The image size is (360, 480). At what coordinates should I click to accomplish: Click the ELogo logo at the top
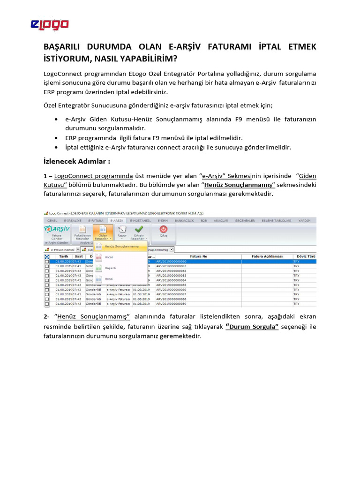tap(50, 24)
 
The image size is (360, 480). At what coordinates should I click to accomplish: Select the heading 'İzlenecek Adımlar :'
tap(77, 162)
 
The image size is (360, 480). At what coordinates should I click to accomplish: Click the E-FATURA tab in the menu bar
tap(96, 220)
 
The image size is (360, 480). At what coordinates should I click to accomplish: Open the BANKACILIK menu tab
tap(185, 220)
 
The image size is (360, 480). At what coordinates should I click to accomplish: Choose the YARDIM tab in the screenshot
tap(304, 220)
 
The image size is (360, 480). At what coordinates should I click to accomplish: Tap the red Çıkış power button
tap(163, 231)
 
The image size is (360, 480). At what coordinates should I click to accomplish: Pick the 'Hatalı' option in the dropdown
tap(108, 257)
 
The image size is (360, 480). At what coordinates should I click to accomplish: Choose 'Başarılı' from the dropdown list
tap(110, 268)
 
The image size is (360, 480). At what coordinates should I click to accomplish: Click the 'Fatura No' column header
tap(197, 256)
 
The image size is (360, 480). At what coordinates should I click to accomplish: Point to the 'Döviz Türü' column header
tap(304, 256)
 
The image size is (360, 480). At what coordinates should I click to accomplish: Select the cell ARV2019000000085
tap(171, 285)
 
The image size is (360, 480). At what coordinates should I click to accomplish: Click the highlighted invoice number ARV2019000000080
tap(171, 262)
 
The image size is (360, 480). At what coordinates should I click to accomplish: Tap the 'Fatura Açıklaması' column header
tap(267, 256)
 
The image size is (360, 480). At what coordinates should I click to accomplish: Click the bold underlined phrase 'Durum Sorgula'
tap(252, 327)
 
